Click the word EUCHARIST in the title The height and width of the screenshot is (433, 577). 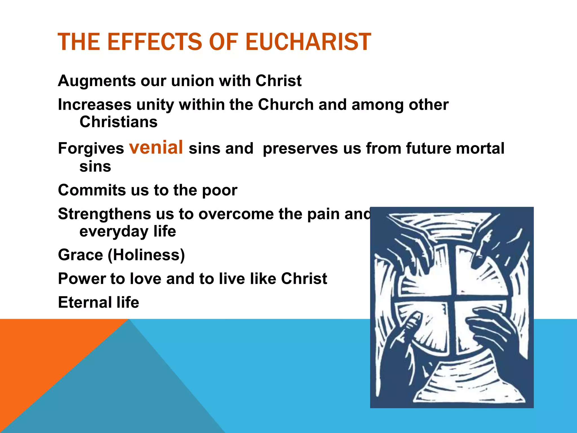tap(308, 42)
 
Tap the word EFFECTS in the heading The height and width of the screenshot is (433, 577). tap(154, 42)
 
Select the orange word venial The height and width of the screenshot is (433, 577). tap(156, 147)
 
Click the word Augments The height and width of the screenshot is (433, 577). tap(97, 81)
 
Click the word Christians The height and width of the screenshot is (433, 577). tap(119, 122)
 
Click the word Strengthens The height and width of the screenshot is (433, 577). tap(104, 214)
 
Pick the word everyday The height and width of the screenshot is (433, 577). tap(114, 231)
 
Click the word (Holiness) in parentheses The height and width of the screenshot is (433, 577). tap(147, 255)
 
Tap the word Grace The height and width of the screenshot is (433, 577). tap(81, 255)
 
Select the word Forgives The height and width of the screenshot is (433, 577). tap(91, 148)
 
